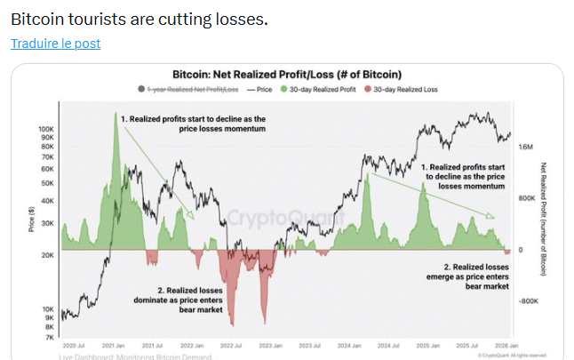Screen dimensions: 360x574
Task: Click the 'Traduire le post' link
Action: (55, 44)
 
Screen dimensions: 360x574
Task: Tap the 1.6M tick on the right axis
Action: (526, 147)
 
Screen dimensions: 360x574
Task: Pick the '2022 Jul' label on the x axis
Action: (230, 345)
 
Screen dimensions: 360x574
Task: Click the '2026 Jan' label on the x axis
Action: (507, 345)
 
